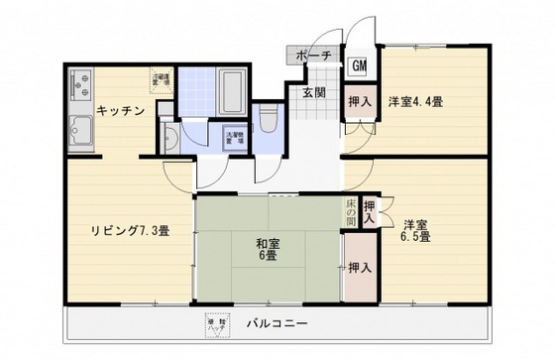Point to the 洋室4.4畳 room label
[x=414, y=101]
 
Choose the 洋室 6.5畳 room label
[x=415, y=230]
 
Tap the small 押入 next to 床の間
[x=369, y=212]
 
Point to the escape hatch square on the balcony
[x=216, y=324]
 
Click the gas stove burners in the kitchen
[x=79, y=88]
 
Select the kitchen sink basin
[x=79, y=129]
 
